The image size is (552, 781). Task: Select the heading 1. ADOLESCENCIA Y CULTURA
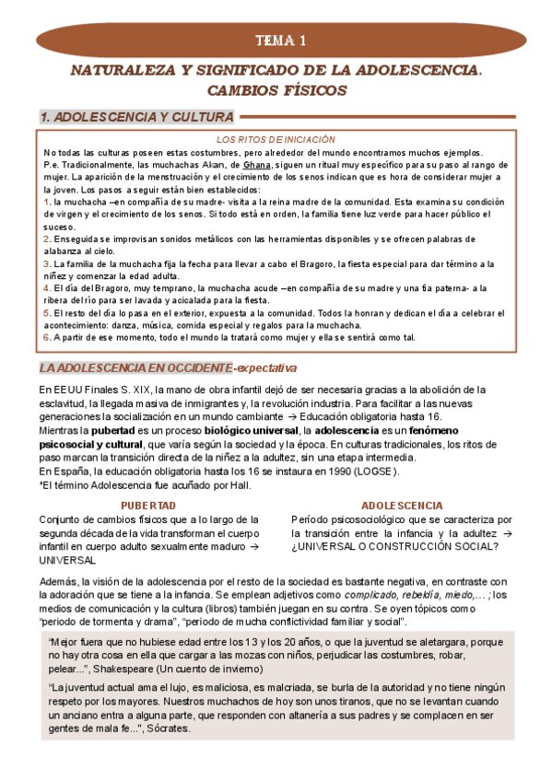coord(136,117)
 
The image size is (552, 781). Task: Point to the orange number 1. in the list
coord(48,201)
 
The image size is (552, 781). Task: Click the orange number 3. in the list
coord(48,263)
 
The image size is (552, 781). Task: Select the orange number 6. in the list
coord(48,337)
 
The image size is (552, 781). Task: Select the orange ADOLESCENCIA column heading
coord(401,507)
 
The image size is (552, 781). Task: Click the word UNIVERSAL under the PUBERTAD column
coord(67,559)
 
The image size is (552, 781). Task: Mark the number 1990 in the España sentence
coord(330,472)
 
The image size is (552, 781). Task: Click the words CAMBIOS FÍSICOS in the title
coord(276,91)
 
